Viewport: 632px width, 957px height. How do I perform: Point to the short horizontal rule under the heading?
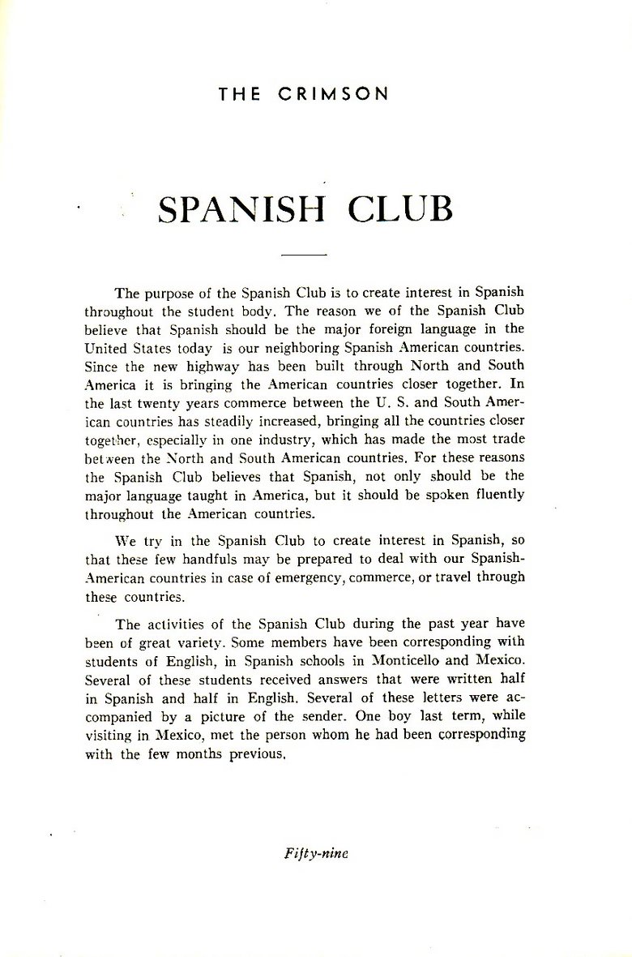302,255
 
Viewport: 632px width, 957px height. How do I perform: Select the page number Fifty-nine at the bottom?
315,853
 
